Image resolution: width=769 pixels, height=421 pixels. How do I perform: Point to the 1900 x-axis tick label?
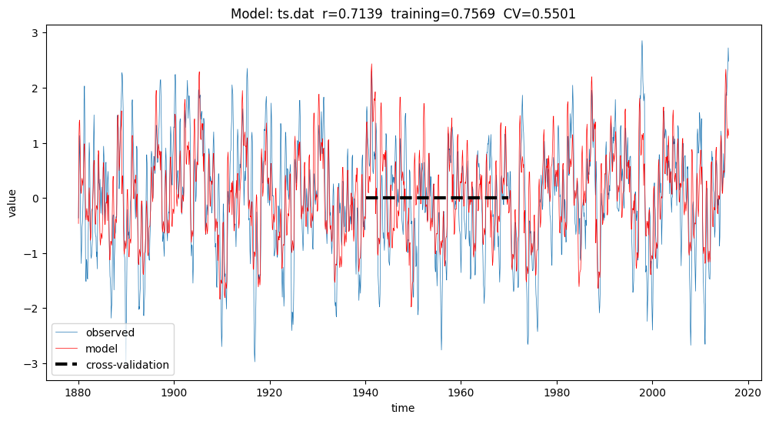[174, 391]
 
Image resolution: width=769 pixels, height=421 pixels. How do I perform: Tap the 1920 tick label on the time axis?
[269, 391]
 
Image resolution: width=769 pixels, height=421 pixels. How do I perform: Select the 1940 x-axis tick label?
[365, 391]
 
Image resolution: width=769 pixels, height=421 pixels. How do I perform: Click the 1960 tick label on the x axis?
[461, 391]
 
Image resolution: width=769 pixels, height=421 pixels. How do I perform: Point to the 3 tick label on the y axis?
[35, 34]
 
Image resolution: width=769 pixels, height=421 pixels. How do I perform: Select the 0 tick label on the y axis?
[35, 199]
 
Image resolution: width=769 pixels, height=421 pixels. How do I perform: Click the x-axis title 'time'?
[403, 408]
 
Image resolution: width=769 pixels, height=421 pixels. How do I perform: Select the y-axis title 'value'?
[13, 201]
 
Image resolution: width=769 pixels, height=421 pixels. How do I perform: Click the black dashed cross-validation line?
[437, 198]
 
